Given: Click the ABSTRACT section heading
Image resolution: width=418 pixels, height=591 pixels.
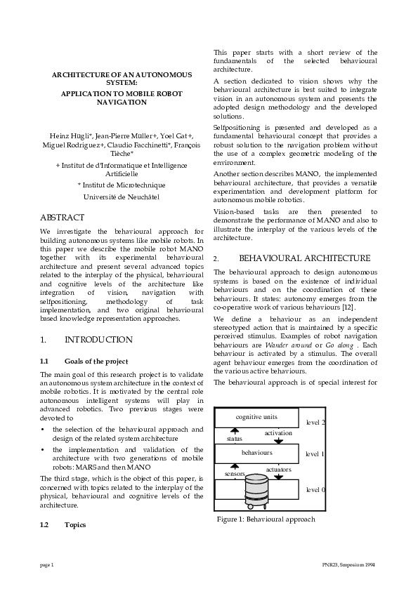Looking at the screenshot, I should point(62,218).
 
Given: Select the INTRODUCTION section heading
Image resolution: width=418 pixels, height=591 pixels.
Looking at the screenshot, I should point(98,340).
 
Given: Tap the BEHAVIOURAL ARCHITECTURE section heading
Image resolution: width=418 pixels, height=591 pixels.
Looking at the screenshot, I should point(304,258).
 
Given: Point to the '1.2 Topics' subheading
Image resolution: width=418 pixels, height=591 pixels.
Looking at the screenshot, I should point(74,524).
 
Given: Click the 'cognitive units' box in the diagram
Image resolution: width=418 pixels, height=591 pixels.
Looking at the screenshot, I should point(256,417).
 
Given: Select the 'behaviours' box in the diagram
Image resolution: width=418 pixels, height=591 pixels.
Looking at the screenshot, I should point(256,453).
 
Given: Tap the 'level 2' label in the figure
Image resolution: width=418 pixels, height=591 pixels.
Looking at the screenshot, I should point(315,423).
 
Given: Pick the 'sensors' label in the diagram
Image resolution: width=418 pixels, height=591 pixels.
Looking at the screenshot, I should point(234,474).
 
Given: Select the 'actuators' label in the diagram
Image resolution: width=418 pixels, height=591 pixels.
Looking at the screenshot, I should point(278,469).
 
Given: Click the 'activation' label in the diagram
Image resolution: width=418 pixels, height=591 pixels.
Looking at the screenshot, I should point(278,433).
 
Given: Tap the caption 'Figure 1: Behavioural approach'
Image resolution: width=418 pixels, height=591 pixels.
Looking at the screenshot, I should point(266,519).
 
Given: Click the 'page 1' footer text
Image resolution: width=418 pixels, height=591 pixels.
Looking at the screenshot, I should point(47,564).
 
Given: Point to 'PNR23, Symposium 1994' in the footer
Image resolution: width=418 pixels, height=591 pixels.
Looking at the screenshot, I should point(344,564).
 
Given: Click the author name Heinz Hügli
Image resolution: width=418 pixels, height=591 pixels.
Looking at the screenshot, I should point(69,135).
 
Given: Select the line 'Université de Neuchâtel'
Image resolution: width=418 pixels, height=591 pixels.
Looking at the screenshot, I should point(122,197).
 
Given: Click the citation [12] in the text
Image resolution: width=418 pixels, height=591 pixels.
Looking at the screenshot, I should point(358,307).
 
